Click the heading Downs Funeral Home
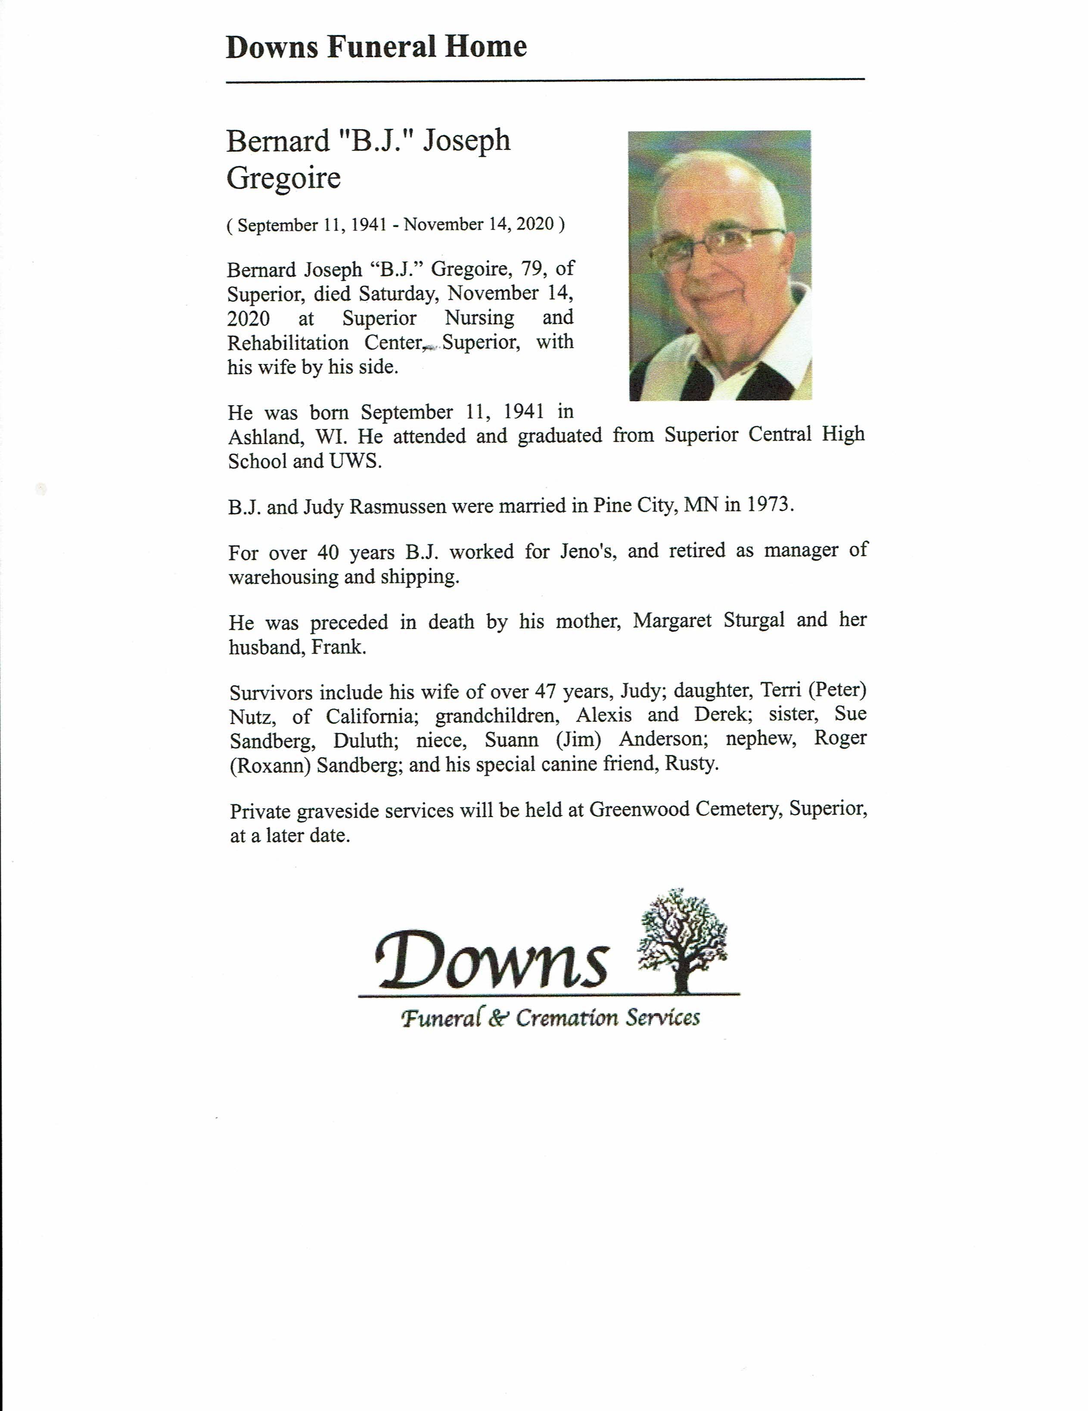point(376,47)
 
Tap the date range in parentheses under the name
point(395,225)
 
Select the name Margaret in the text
point(672,621)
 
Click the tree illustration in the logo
point(681,941)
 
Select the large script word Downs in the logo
point(491,960)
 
